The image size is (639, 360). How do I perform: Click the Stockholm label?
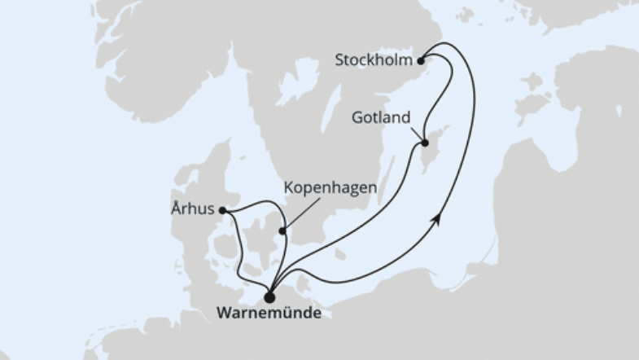pos(374,59)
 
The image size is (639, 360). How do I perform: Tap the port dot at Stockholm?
pos(421,60)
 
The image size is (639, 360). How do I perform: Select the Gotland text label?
pos(381,116)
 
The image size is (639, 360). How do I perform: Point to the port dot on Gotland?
pos(424,144)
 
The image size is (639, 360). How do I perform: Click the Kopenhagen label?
pos(330,188)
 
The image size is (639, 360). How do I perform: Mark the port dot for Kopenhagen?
pos(282,230)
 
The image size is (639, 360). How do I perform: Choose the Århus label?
pos(193,209)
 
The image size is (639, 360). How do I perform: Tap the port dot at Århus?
pos(223,210)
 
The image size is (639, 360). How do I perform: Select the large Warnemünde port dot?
pos(269,297)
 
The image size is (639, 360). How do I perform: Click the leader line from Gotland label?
pos(416,134)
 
